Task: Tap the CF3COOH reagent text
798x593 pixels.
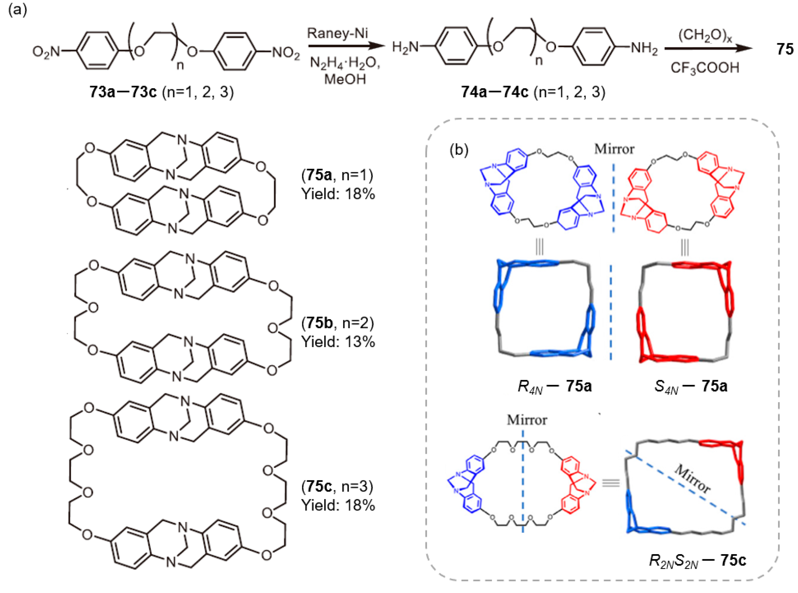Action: point(705,67)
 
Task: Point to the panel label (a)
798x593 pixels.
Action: point(18,10)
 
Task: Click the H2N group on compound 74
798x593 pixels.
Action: point(405,47)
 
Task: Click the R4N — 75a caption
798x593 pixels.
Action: point(555,387)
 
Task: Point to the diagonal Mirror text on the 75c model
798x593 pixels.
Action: point(692,479)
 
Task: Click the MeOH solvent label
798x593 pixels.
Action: point(345,79)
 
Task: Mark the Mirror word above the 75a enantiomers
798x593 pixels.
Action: point(614,149)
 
